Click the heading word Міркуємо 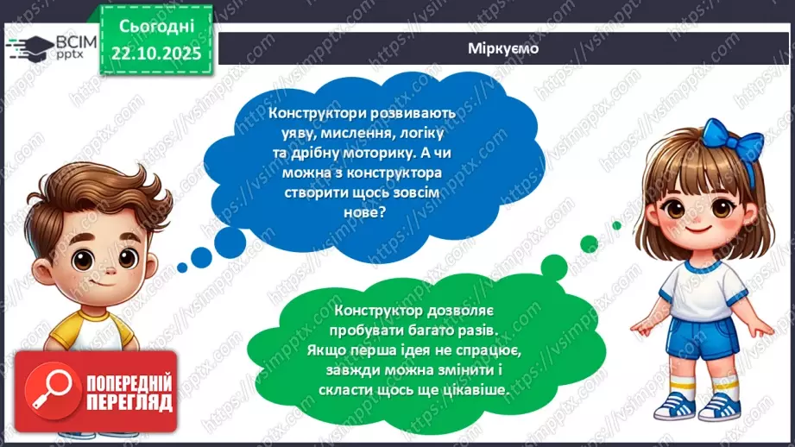click(x=503, y=48)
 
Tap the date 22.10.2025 click(x=156, y=54)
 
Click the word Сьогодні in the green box click(x=156, y=27)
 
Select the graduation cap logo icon click(x=28, y=48)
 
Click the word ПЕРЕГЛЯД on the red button click(x=129, y=403)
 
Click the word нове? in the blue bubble click(x=365, y=211)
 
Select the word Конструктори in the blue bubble click(x=319, y=113)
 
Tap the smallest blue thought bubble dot click(x=182, y=268)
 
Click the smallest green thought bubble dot click(x=616, y=225)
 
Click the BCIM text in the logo click(x=75, y=42)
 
